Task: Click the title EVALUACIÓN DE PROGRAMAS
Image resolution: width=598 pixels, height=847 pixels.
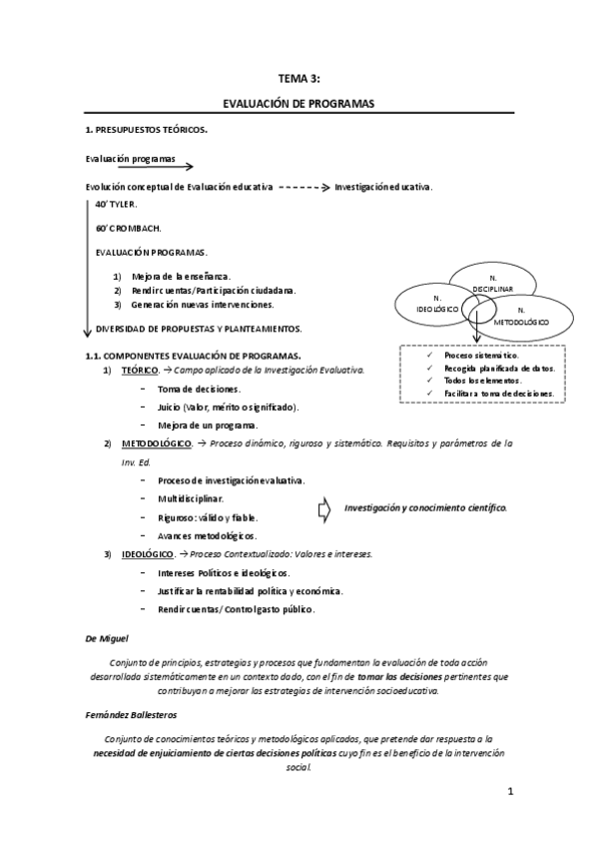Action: [299, 103]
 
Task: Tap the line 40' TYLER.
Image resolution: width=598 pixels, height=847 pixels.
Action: [116, 204]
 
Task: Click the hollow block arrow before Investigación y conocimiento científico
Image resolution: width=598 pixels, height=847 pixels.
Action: [323, 509]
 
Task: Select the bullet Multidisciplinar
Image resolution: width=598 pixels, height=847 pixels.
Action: [191, 497]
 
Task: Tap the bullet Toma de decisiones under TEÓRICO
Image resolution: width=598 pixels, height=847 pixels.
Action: [199, 389]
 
